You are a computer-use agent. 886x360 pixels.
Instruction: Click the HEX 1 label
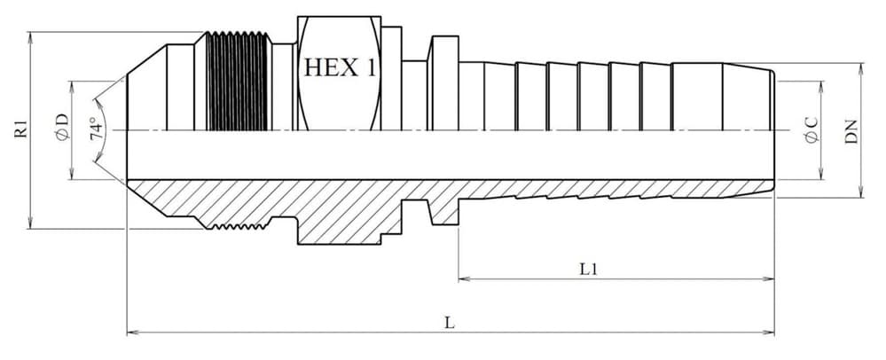[x=340, y=67]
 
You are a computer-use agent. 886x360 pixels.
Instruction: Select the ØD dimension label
[x=62, y=128]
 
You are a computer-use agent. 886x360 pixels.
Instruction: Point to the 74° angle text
[x=98, y=129]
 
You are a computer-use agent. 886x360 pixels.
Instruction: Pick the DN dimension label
[x=851, y=130]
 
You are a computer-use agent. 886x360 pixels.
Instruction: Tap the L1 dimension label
[x=588, y=269]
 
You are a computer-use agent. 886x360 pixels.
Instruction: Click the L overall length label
[x=450, y=323]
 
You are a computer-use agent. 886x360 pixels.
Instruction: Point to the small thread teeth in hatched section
[x=238, y=227]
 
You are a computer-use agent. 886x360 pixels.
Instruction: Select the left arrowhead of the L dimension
[x=132, y=333]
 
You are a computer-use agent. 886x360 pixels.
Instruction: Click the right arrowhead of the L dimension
[x=768, y=333]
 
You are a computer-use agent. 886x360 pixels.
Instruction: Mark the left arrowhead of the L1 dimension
[x=464, y=278]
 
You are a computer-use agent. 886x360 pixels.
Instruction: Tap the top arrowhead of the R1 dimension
[x=30, y=37]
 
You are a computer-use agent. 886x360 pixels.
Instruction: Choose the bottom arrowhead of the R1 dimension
[x=30, y=223]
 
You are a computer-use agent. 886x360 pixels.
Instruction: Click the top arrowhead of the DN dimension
[x=860, y=68]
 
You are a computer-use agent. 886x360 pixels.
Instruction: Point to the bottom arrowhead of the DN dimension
[x=860, y=192]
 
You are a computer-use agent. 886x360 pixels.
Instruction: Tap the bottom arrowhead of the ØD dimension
[x=72, y=174]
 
